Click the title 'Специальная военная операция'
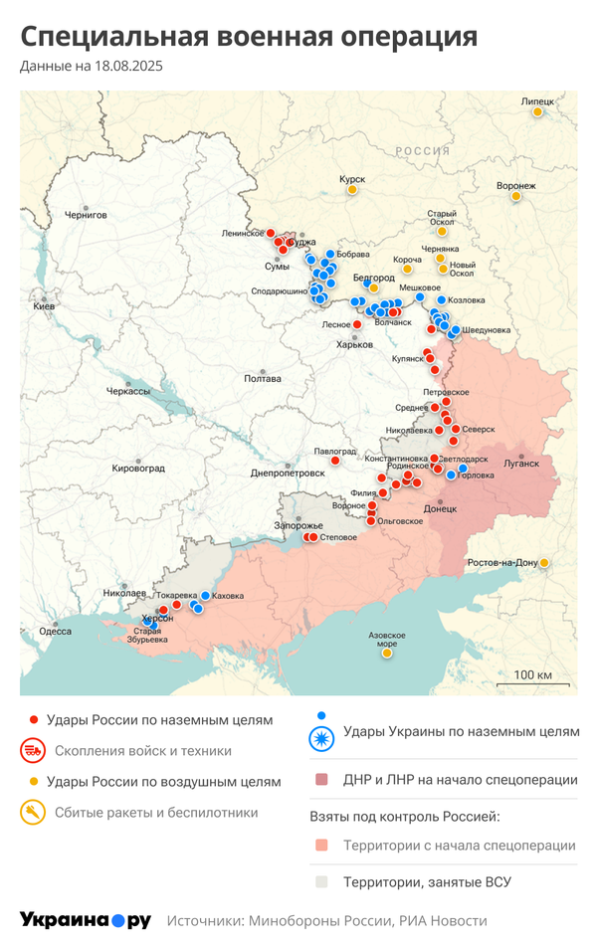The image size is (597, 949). [x=249, y=37]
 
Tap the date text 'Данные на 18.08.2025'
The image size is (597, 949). [x=92, y=67]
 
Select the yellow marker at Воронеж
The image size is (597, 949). [x=516, y=197]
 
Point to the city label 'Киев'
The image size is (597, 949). [x=44, y=306]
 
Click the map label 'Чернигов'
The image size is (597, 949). [x=85, y=214]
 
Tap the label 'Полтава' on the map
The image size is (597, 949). [x=262, y=378]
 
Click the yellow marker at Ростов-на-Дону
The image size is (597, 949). [x=544, y=563]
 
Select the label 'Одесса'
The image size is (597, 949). [x=55, y=631]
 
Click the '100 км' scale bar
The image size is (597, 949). [x=532, y=677]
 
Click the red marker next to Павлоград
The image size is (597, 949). [x=335, y=461]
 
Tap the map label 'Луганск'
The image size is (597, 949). [x=521, y=464]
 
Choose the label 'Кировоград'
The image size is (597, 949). [x=138, y=468]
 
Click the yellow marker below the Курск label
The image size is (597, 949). [x=352, y=189]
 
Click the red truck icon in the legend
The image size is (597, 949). [x=33, y=751]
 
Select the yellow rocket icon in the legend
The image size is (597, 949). [x=33, y=813]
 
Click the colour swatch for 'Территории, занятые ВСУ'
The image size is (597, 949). [x=320, y=882]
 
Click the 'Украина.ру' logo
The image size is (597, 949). [x=86, y=920]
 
